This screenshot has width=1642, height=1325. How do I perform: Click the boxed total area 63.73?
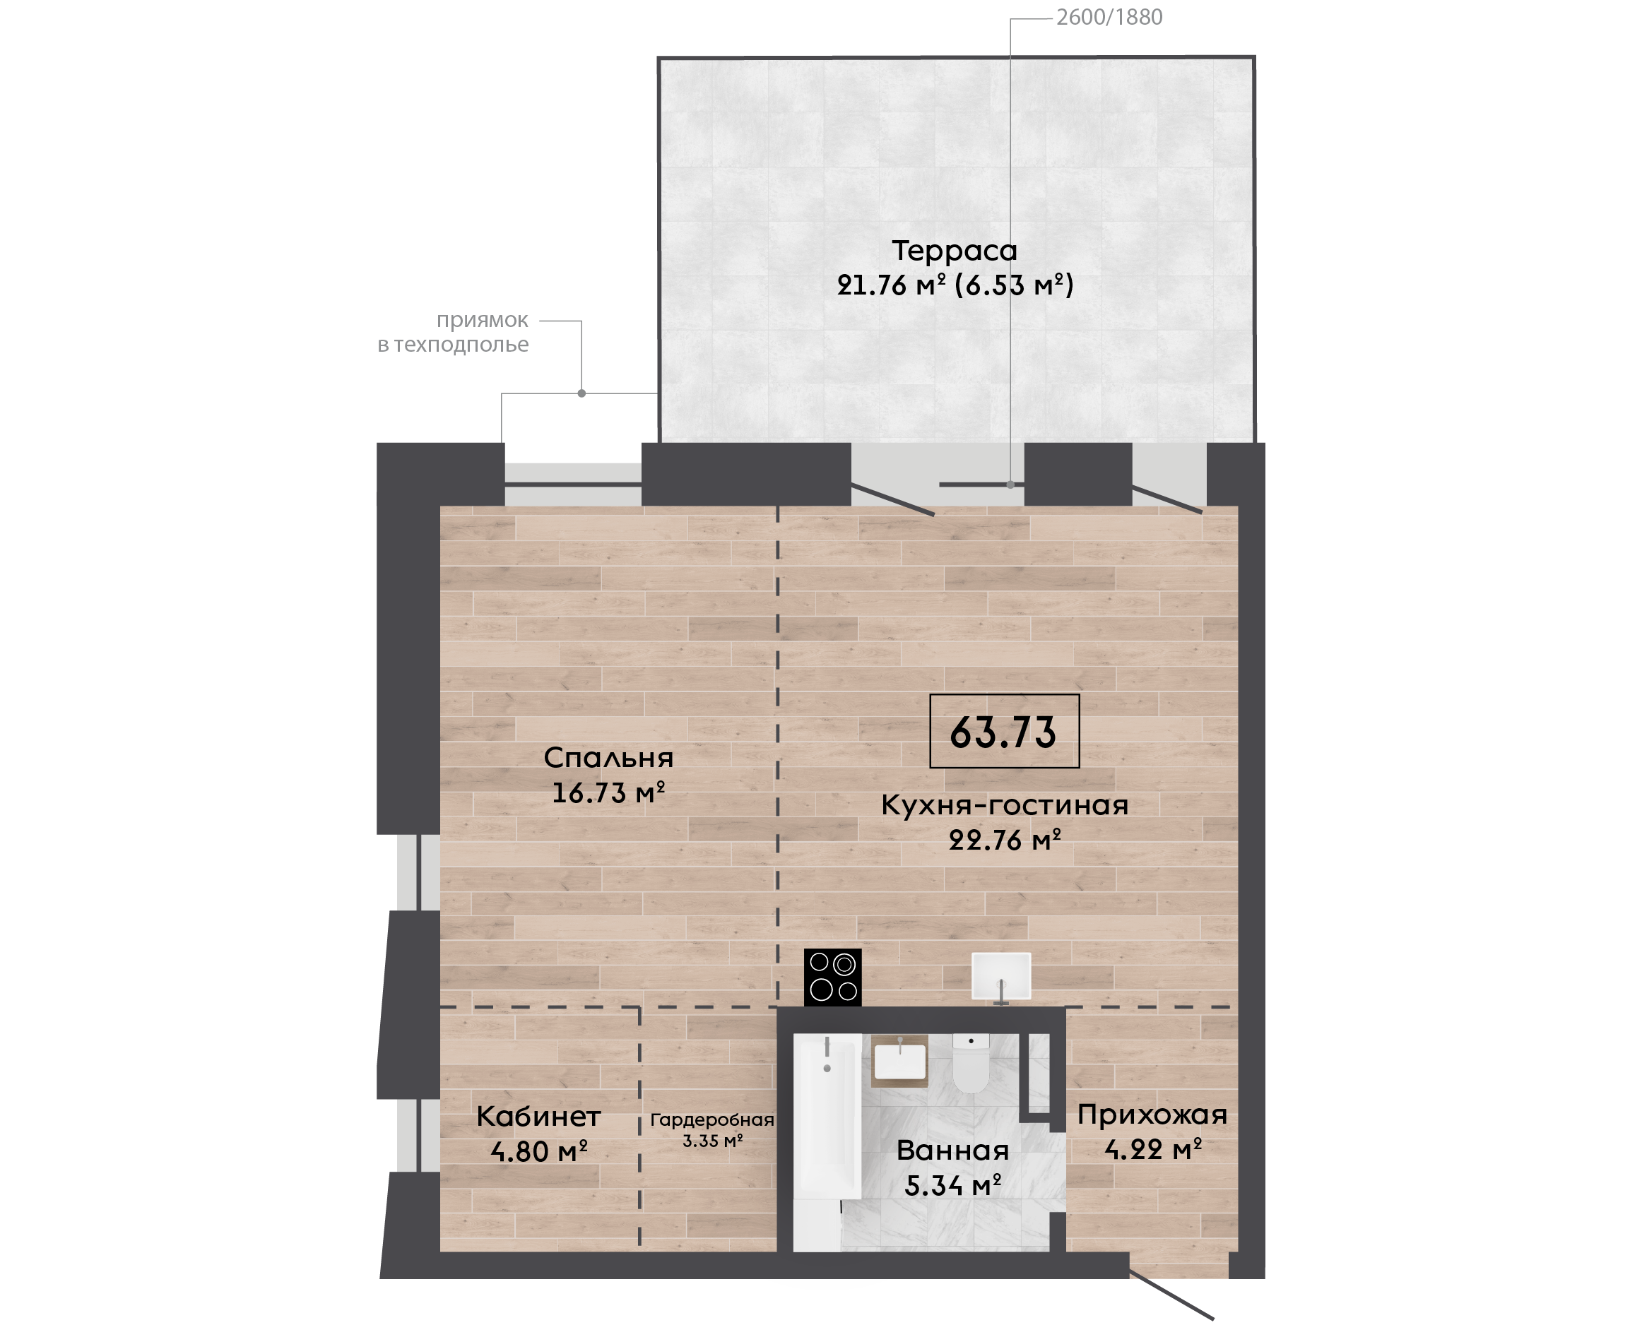[1004, 731]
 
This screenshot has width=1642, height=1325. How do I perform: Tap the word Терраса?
[955, 250]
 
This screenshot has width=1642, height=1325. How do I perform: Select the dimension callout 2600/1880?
[1109, 17]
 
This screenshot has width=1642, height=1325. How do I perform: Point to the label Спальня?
[608, 758]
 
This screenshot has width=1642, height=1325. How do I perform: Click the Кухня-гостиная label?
[1005, 805]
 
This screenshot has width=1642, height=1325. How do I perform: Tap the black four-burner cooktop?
[833, 977]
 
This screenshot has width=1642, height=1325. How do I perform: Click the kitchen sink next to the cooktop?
[1000, 976]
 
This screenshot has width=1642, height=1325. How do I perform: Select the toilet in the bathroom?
[971, 1062]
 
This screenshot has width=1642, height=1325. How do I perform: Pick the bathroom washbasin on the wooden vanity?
[900, 1061]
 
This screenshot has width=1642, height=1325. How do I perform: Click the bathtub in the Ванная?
[827, 1142]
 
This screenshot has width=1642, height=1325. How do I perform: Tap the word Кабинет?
[539, 1117]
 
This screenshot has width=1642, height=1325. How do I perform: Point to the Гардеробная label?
[712, 1119]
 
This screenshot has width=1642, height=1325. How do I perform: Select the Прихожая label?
[1152, 1115]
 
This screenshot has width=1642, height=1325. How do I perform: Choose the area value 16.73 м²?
[608, 792]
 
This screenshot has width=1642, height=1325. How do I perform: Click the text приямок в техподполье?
[454, 332]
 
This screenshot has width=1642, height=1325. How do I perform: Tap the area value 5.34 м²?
[952, 1185]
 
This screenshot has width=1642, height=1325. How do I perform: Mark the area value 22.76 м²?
[1005, 840]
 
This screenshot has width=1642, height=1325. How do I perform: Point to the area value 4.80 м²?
[539, 1151]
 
